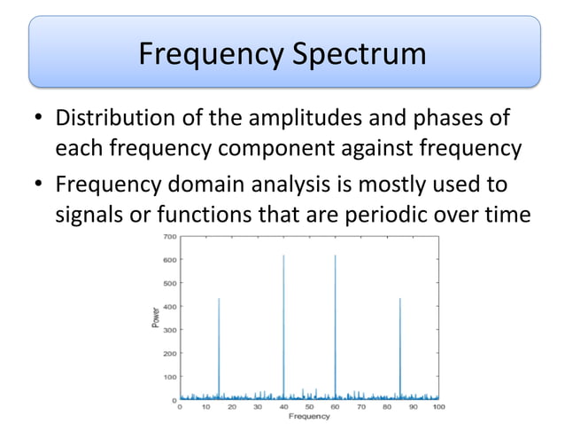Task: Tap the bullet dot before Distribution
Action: click(x=37, y=119)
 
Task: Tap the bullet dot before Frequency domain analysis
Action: click(x=37, y=188)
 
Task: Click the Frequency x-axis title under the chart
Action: click(x=309, y=416)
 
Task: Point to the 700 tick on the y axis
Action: click(x=168, y=237)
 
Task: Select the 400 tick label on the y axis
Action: click(x=168, y=307)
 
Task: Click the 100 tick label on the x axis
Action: click(x=439, y=407)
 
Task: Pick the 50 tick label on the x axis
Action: click(x=310, y=407)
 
